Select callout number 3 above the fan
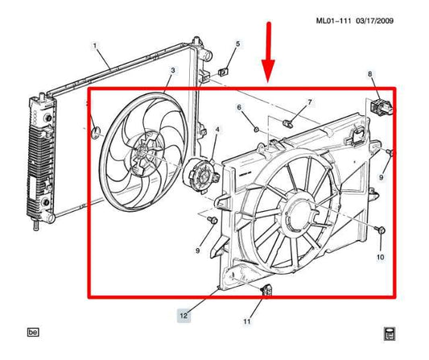tap(171, 71)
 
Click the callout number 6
tap(239, 107)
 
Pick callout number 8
tap(370, 74)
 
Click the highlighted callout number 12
tap(184, 317)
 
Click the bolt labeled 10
tap(381, 232)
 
